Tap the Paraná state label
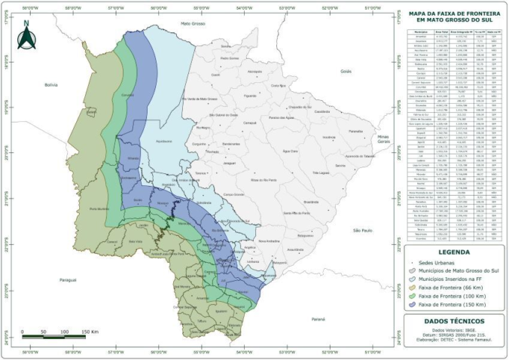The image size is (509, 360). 318,319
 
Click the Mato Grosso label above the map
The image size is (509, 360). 195,24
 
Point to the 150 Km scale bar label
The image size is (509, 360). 90,332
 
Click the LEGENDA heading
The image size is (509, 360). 447,252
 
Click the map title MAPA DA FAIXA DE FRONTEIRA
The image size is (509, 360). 447,14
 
